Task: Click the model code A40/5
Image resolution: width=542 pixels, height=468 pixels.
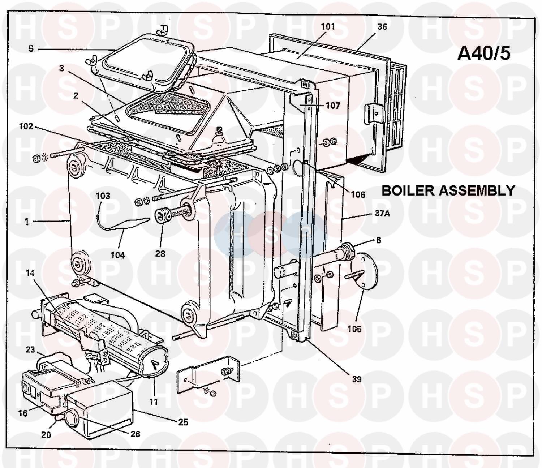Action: [484, 53]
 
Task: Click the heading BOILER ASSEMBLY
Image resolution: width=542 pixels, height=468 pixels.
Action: [448, 190]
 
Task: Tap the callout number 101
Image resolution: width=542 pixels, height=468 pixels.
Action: [328, 26]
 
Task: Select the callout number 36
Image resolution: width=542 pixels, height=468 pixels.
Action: [382, 26]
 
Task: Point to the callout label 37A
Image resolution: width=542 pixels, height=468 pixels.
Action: [382, 213]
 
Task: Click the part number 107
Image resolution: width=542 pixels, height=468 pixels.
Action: [333, 105]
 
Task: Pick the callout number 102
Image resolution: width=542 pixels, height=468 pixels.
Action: [26, 126]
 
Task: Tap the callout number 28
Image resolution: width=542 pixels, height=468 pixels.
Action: [160, 254]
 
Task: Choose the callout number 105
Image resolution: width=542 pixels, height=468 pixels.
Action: [354, 329]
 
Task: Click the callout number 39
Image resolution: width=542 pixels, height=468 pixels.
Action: [357, 379]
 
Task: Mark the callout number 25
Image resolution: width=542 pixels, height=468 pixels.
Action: [183, 422]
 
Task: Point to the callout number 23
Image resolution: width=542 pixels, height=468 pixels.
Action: [30, 349]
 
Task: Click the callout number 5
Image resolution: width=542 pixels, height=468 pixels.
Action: [31, 48]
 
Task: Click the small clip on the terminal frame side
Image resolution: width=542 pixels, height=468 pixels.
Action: [371, 111]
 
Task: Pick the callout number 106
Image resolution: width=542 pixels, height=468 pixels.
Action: [358, 194]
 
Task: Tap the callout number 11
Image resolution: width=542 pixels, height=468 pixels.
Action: [154, 401]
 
